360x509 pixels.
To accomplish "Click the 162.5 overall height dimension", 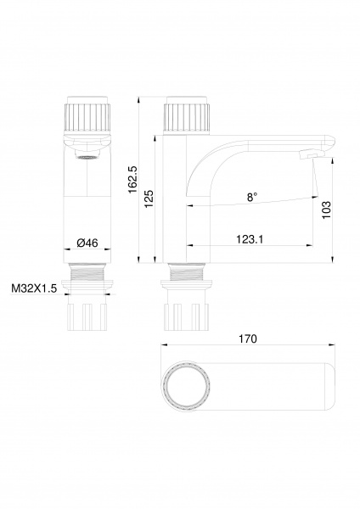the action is (x=133, y=180).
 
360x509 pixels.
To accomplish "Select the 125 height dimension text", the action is (x=149, y=199).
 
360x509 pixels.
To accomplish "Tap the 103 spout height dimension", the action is (x=326, y=210).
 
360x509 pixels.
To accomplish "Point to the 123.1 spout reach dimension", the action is (x=250, y=239).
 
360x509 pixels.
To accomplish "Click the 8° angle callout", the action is (x=252, y=197).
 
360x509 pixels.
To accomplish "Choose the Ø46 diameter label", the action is (x=87, y=243).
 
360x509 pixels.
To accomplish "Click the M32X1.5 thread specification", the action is (x=34, y=288).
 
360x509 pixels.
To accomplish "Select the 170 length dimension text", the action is (x=248, y=338).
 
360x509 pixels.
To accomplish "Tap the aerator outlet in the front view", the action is (x=87, y=157).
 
